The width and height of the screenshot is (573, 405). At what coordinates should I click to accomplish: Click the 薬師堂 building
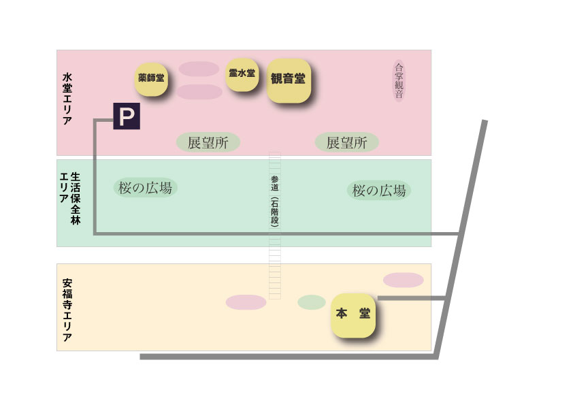(x=151, y=78)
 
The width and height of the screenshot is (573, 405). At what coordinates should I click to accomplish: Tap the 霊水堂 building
(x=242, y=74)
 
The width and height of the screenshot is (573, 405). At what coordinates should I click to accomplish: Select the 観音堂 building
(x=288, y=79)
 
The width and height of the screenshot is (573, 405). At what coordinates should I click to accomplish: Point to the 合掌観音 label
(x=399, y=80)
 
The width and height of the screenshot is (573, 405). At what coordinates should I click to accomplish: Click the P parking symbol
(x=126, y=116)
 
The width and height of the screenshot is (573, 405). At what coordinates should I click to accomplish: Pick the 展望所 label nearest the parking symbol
(x=208, y=142)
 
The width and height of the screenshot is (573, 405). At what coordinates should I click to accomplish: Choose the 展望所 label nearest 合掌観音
(x=346, y=142)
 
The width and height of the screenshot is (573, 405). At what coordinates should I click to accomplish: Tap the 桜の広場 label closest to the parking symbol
(x=145, y=188)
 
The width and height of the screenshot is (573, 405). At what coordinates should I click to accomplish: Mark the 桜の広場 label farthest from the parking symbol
(x=379, y=191)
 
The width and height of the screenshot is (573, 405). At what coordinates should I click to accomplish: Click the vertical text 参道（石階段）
(x=275, y=201)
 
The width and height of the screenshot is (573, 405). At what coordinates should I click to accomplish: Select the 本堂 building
(x=353, y=314)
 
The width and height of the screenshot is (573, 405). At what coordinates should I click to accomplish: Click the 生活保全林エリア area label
(x=70, y=198)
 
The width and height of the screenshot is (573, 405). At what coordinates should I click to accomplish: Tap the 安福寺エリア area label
(x=67, y=310)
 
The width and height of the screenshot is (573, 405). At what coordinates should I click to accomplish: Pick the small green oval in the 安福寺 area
(x=312, y=302)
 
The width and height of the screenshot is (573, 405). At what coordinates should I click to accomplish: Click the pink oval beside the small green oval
(x=246, y=302)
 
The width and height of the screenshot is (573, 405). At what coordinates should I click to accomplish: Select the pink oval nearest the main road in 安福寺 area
(x=404, y=280)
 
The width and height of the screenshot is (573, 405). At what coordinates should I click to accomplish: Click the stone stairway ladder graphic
(x=275, y=272)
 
